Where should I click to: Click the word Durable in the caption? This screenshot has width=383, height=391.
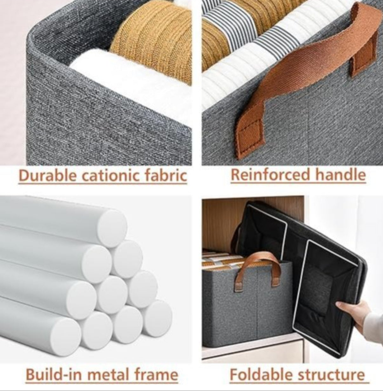pyautogui.click(x=43, y=175)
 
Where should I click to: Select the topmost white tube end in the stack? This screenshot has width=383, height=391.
pyautogui.click(x=112, y=224)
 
